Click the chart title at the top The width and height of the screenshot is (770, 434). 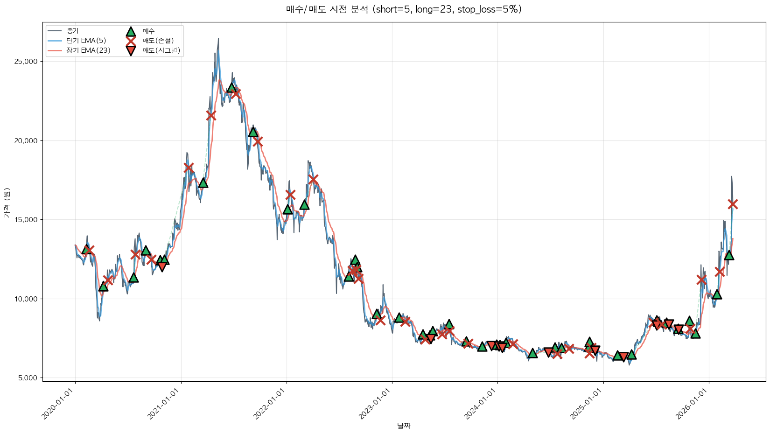point(404,9)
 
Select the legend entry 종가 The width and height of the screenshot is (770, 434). point(73,31)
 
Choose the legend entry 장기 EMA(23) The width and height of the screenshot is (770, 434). point(88,50)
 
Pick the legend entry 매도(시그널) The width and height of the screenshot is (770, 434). point(161,50)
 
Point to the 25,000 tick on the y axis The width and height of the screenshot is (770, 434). point(27,62)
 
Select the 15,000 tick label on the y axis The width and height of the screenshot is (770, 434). point(27,220)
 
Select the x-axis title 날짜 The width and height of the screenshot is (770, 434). point(404,426)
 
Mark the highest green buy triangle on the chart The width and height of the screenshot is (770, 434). point(231,88)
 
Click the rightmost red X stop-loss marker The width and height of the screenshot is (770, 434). point(732,204)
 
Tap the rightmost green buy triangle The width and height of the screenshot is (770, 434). point(729,255)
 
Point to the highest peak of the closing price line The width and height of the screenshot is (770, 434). point(218,39)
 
